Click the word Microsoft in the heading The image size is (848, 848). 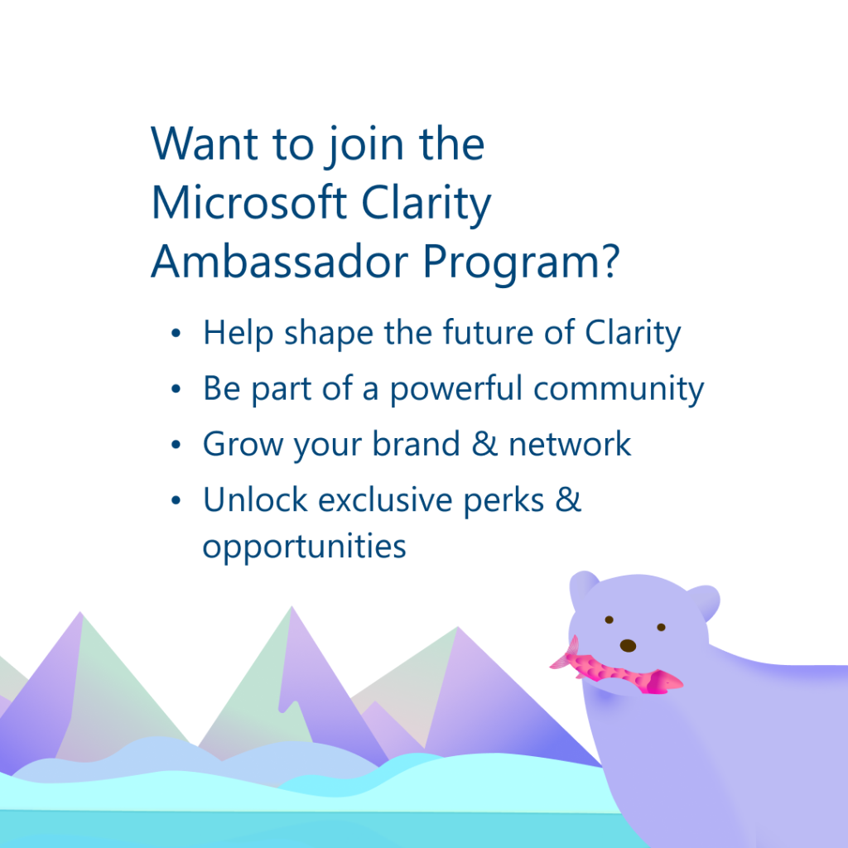pyautogui.click(x=248, y=203)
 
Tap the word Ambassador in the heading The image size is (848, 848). pyautogui.click(x=280, y=262)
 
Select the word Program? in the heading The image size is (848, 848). pyautogui.click(x=521, y=265)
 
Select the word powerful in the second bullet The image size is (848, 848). pyautogui.click(x=456, y=389)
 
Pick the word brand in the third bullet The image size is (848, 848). pyautogui.click(x=416, y=444)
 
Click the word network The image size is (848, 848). pyautogui.click(x=570, y=444)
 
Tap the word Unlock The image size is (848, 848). pyautogui.click(x=255, y=499)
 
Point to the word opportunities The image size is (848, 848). pyautogui.click(x=304, y=547)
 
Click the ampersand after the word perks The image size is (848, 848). pyautogui.click(x=568, y=499)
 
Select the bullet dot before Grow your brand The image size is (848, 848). pyautogui.click(x=176, y=445)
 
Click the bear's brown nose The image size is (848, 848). pyautogui.click(x=628, y=645)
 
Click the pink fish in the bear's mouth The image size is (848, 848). pyautogui.click(x=616, y=668)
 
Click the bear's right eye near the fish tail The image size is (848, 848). pyautogui.click(x=609, y=619)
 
